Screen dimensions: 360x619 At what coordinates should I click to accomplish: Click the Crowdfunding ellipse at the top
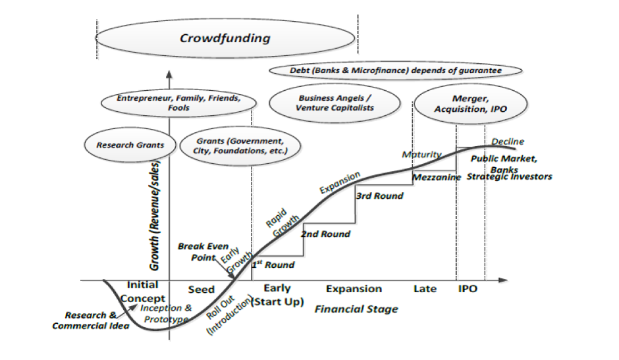coord(225,38)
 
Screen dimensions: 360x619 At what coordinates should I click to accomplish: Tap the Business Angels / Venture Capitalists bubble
coord(335,103)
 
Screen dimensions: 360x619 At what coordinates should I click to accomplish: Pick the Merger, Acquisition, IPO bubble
coord(471,104)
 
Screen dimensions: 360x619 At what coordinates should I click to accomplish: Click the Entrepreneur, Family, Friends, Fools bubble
coord(178,103)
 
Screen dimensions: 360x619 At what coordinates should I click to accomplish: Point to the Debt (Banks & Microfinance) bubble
coord(396,70)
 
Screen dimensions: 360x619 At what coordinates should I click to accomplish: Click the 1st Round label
coord(273,265)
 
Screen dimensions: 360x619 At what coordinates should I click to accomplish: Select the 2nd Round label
coord(325,234)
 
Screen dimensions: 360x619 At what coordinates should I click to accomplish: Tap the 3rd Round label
coord(379,195)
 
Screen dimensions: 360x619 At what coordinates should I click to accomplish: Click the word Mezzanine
coord(437,177)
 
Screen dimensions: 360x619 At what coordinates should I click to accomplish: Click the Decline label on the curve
coord(508,141)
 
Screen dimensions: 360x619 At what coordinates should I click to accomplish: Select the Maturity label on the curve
coord(421,155)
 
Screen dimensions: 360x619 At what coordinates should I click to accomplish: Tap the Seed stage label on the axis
coord(201,289)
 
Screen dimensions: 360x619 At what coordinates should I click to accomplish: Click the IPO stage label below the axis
coord(468,289)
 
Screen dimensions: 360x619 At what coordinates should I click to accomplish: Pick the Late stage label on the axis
coord(425,289)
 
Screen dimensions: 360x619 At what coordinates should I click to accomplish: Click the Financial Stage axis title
coord(356,309)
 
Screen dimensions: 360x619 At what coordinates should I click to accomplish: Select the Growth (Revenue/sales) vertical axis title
coord(155,215)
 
